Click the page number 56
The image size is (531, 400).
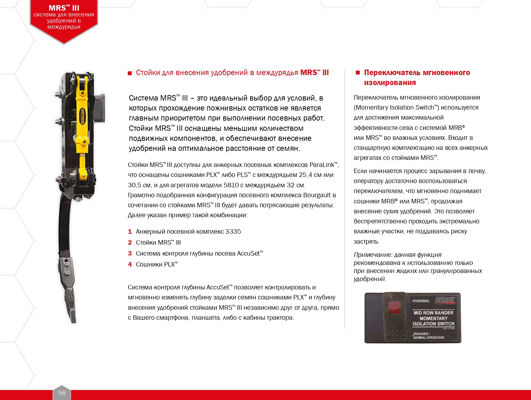(x=62, y=393)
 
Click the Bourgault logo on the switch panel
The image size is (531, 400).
(x=445, y=300)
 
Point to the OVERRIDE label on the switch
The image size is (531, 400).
(x=421, y=301)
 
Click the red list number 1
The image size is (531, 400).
(x=130, y=232)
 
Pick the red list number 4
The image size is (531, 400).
(x=130, y=265)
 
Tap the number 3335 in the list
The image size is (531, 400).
(x=233, y=232)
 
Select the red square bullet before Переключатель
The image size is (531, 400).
(x=358, y=73)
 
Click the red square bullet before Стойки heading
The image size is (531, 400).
(x=130, y=73)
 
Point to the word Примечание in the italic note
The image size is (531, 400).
(x=373, y=255)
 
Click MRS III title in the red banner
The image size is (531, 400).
(x=64, y=8)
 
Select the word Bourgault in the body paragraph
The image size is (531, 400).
(x=317, y=195)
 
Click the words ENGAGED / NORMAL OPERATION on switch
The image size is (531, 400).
(x=428, y=336)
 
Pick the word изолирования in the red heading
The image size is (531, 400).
(x=390, y=83)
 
